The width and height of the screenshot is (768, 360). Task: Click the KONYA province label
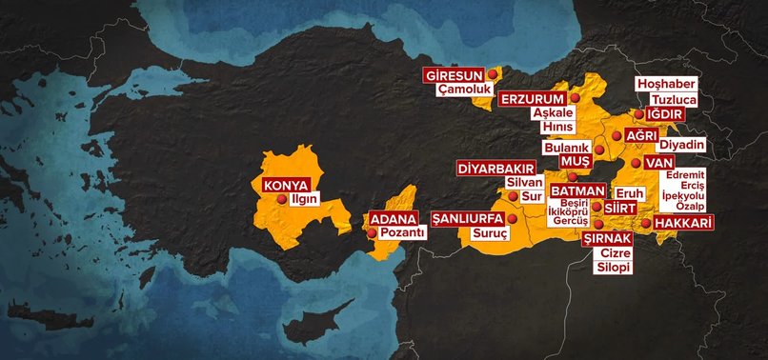[x=272, y=184]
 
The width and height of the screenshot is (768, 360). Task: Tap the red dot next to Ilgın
[x=280, y=200]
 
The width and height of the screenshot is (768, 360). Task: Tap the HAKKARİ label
[x=684, y=224]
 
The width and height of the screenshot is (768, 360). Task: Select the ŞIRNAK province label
[x=606, y=238]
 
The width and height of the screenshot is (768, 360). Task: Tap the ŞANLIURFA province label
[x=468, y=217]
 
